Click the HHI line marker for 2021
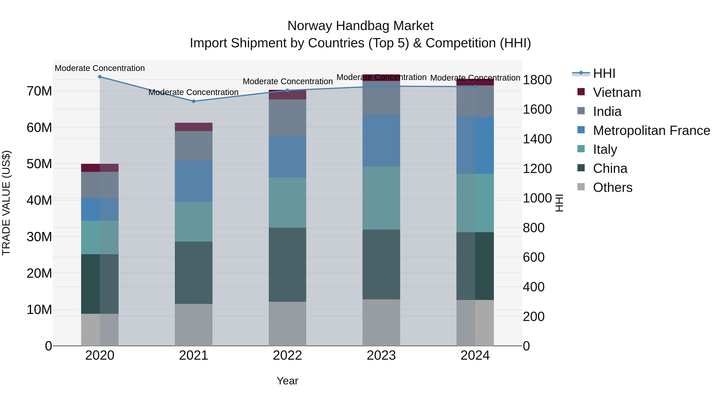pos(193,101)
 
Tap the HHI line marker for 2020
pos(100,77)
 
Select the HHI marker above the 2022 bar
pos(287,90)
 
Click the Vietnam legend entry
pos(617,92)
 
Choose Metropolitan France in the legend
pos(651,131)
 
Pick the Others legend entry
pos(612,187)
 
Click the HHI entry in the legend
pos(604,73)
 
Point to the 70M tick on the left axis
pos(39,91)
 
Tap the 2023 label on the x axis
pos(381,355)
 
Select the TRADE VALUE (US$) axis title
pos(6,203)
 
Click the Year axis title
pos(287,381)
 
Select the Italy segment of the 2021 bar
pos(193,222)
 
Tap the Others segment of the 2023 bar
pos(381,322)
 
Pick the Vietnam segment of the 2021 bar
pos(193,127)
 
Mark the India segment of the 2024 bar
pos(475,101)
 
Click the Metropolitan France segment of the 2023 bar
pos(381,140)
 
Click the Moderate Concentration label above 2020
pos(100,68)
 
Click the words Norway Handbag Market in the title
pos(360,26)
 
